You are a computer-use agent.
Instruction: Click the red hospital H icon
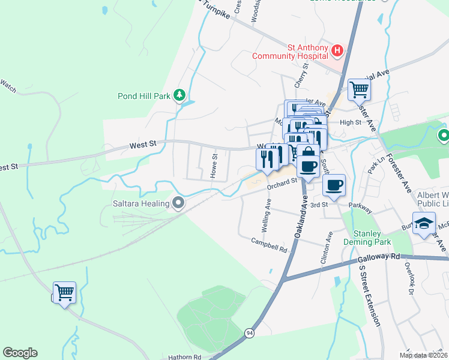coord(337,51)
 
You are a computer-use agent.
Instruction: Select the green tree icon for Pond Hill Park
coord(178,95)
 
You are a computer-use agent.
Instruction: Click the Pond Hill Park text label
coord(143,95)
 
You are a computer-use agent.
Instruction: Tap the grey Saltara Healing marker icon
coord(178,203)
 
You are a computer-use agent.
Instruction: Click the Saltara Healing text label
coord(140,204)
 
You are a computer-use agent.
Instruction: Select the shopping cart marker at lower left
coord(64,293)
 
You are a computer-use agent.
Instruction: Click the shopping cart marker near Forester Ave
coord(359,89)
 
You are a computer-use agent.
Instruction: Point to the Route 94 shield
coord(249,332)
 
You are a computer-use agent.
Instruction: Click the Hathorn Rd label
coord(185,356)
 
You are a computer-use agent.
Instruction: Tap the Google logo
coord(20,353)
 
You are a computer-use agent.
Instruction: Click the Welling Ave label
coord(268,209)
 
